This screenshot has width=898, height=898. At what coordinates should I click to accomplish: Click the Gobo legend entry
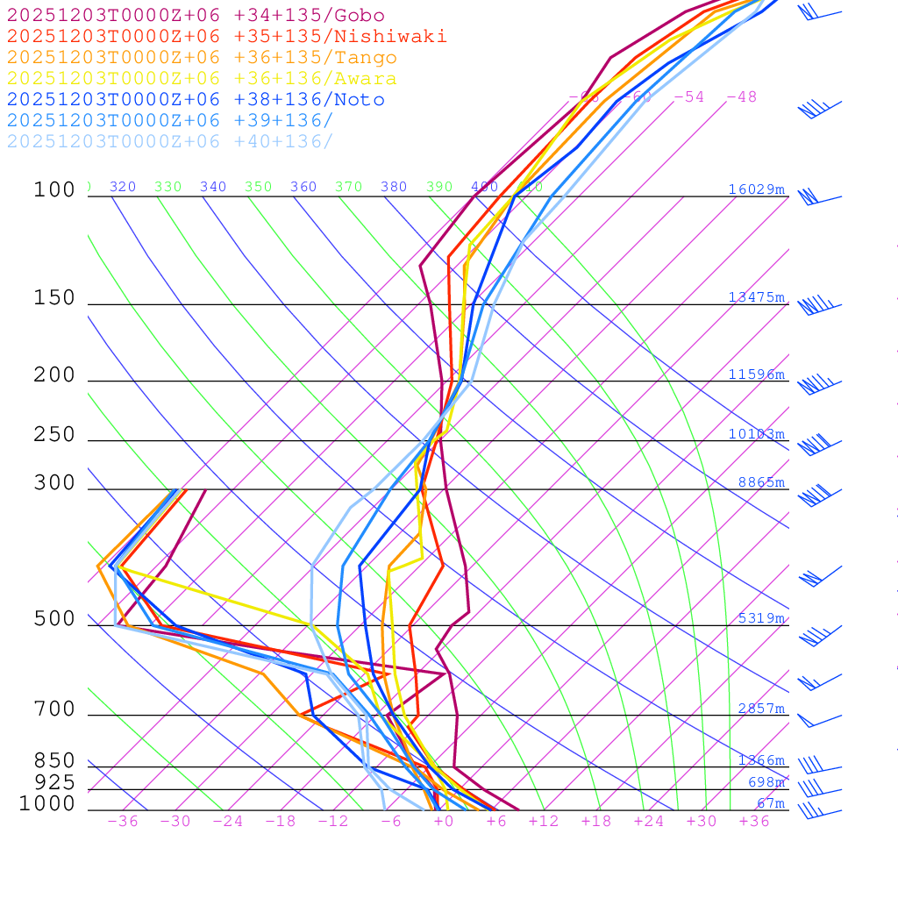[x=196, y=16]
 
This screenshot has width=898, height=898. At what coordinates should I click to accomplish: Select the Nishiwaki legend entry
[x=226, y=37]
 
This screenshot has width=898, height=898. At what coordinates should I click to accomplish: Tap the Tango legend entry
[x=202, y=58]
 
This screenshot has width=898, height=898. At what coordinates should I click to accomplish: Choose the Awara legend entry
[x=202, y=79]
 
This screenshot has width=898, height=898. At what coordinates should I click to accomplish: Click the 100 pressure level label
[x=54, y=190]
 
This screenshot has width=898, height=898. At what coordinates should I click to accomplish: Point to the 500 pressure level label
[x=54, y=619]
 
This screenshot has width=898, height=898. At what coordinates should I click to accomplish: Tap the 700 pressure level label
[x=54, y=709]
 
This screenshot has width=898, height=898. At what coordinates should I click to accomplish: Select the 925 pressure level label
[x=54, y=782]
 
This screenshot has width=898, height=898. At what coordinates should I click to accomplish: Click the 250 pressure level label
[x=54, y=435]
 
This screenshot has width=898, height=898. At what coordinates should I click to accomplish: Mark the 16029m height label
[x=756, y=189]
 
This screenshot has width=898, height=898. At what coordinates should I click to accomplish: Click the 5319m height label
[x=760, y=618]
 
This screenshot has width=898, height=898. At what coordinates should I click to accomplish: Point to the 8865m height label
[x=760, y=482]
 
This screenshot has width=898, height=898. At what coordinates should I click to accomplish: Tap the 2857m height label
[x=760, y=709]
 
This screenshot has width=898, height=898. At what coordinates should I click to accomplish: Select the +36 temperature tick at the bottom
[x=753, y=822]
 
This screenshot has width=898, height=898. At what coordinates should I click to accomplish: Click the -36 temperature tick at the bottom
[x=122, y=822]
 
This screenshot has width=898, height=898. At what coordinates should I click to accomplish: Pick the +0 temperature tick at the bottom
[x=443, y=822]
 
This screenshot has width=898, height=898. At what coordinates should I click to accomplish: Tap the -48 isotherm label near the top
[x=741, y=97]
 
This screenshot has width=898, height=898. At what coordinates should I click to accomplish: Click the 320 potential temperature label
[x=123, y=187]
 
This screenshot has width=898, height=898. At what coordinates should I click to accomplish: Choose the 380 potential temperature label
[x=394, y=187]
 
